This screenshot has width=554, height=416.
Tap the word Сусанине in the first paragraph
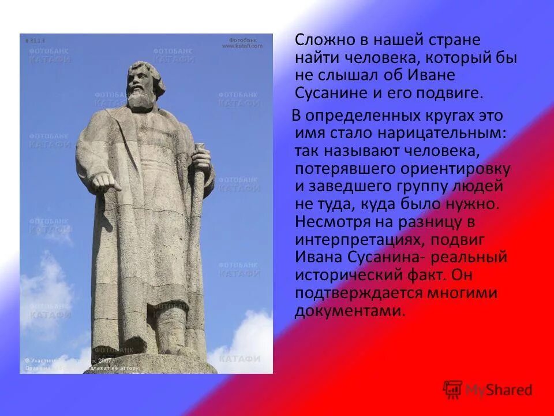click(x=329, y=92)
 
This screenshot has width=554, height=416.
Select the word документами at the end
click(x=349, y=310)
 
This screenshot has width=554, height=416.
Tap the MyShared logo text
click(x=499, y=390)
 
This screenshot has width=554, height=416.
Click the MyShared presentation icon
click(x=452, y=389)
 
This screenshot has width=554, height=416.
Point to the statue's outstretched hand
click(x=107, y=183)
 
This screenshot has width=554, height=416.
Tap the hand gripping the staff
click(x=200, y=157)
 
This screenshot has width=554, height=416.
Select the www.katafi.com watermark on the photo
click(x=242, y=46)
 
